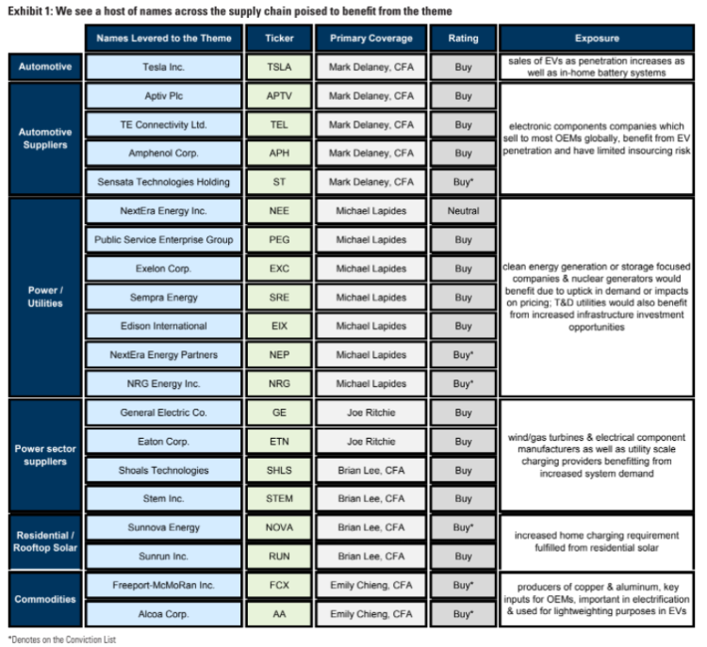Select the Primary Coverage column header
point(370,39)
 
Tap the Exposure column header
point(596,39)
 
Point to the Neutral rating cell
point(463,211)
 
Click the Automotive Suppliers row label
point(43,138)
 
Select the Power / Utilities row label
point(43,298)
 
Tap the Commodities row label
point(43,599)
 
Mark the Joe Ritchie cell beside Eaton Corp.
point(370,441)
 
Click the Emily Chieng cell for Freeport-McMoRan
point(370,585)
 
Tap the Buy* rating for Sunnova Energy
point(463,527)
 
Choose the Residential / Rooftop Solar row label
point(43,542)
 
